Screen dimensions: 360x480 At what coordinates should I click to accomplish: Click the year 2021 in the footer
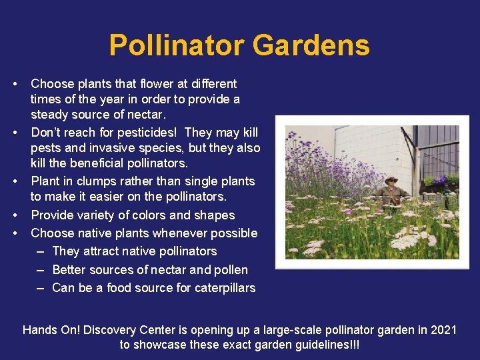(442, 330)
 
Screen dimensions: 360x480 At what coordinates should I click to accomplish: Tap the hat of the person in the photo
(391, 179)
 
